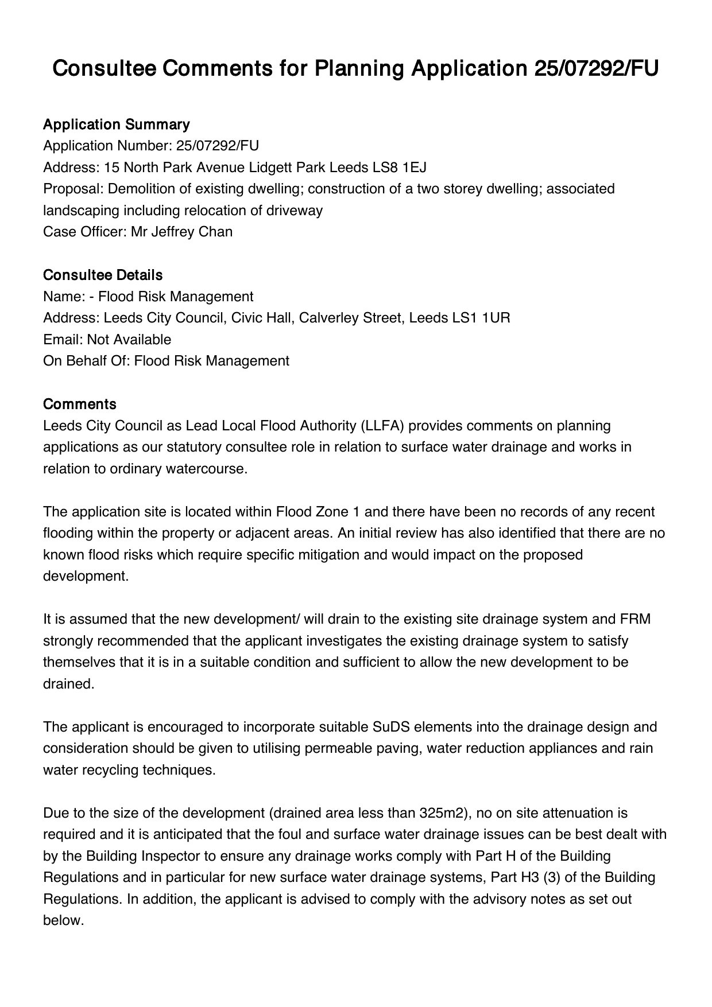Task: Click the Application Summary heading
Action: [x=116, y=125]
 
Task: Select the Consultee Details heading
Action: [x=103, y=275]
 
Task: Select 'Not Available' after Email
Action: [x=129, y=340]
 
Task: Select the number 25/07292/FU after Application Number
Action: [x=218, y=146]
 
